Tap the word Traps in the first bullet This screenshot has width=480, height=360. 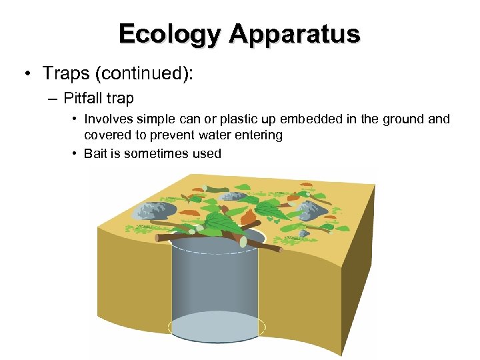[x=65, y=72]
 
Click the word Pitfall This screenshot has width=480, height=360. [x=84, y=99]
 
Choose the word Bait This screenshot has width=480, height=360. [x=95, y=153]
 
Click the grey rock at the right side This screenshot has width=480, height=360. [x=312, y=211]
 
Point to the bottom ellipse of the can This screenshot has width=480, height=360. [x=217, y=328]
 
